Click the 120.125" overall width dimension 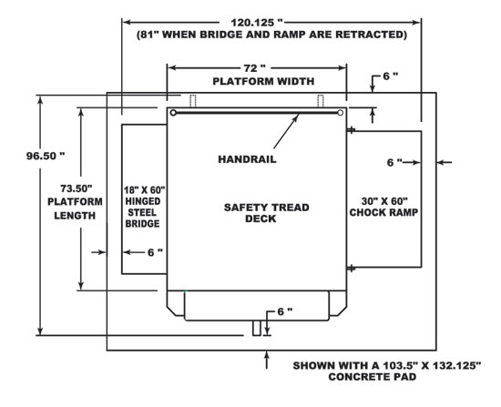257,23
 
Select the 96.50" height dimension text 46,156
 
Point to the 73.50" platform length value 77,188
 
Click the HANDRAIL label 247,159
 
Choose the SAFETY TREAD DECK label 267,213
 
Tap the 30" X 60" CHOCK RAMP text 383,207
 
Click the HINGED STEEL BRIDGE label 142,212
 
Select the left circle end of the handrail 173,113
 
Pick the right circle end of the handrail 341,113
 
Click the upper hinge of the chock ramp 351,130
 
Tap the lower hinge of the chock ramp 351,268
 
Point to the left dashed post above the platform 193,101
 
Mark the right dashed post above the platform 321,101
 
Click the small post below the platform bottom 257,328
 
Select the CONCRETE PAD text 373,377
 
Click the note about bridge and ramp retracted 272,35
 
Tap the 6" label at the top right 391,76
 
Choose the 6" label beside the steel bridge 155,253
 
